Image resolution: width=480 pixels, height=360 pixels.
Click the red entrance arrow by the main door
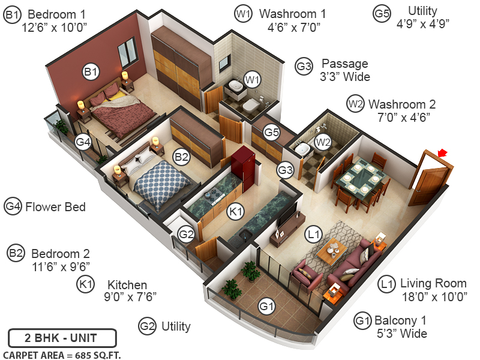coord(443,154)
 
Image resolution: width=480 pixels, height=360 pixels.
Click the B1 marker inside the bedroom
coord(90,73)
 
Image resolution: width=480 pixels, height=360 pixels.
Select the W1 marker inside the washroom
coord(251,79)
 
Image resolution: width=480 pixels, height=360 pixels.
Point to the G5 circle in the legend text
coord(382,14)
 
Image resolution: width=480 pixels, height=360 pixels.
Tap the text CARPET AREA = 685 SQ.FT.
coord(62,354)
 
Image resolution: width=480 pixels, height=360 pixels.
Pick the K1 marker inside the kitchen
coord(235,211)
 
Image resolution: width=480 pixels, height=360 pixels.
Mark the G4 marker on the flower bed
coord(82,142)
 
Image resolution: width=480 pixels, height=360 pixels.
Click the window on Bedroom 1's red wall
coord(127,53)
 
